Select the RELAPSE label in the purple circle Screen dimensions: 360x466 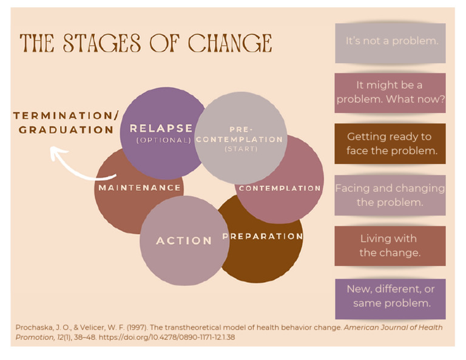point(161,129)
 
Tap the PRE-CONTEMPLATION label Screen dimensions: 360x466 point(240,135)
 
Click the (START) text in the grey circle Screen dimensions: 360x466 point(240,149)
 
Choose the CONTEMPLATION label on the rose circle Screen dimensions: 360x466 point(280,188)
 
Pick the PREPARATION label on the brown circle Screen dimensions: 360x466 point(263,236)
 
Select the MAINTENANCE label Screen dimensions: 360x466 point(140,188)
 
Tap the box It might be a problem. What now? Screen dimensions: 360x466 point(390,92)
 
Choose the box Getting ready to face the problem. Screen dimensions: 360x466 point(390,144)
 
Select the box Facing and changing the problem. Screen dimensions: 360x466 point(390,195)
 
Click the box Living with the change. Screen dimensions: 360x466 point(390,246)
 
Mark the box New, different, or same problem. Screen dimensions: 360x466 point(390,296)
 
